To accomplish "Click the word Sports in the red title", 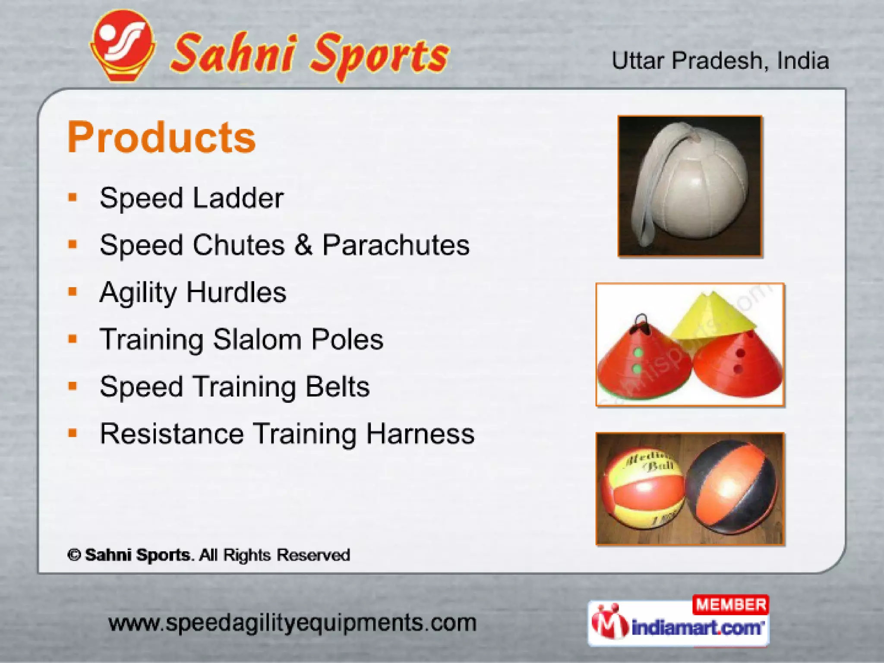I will click(380, 56).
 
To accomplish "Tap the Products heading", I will click(161, 137).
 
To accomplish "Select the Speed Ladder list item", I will click(191, 199).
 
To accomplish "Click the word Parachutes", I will click(396, 245).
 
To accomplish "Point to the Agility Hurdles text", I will click(193, 292).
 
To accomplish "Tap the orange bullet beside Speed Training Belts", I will click(73, 386).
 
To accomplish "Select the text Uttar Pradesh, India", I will click(720, 60).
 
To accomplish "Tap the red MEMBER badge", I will click(730, 605).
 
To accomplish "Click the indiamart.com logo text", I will click(697, 627).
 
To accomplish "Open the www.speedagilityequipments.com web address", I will click(292, 623).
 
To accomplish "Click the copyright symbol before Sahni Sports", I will click(74, 555).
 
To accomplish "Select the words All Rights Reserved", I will click(275, 555).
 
